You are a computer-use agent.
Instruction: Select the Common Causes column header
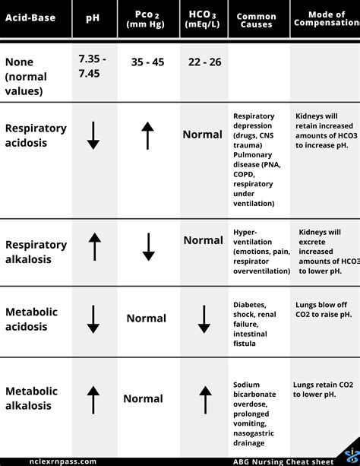tap(256, 21)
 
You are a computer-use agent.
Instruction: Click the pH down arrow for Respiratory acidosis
tap(93, 135)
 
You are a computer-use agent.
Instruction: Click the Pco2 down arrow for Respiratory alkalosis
tap(148, 247)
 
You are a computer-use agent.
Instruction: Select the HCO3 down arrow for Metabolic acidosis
tap(204, 319)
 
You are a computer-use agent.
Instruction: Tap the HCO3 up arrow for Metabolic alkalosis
tap(204, 399)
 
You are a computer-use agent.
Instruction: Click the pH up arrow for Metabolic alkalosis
tap(93, 399)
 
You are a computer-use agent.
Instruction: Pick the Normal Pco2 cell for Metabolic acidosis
tap(147, 319)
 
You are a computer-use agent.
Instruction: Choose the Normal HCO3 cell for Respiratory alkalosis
tap(203, 240)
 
